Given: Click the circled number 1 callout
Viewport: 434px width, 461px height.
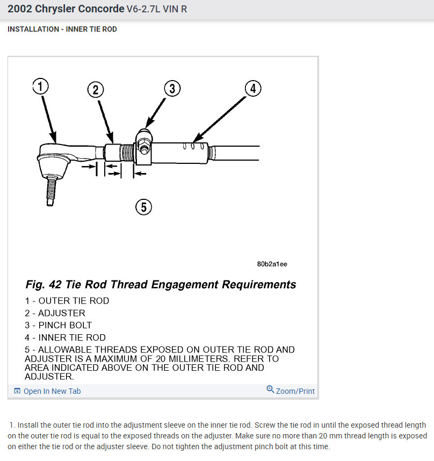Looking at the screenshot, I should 40,87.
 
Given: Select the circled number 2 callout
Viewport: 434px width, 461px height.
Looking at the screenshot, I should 95,90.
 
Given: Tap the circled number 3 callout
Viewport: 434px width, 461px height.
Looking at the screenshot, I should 171,89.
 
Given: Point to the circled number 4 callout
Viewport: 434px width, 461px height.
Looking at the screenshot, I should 253,88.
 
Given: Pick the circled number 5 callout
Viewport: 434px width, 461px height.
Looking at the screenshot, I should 143,206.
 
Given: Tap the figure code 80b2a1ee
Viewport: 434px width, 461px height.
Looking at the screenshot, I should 272,264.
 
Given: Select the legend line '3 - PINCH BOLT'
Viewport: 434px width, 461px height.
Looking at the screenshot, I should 58,325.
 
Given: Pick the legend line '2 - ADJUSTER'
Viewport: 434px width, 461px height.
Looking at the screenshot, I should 55,313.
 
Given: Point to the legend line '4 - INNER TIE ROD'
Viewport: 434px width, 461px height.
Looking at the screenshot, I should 65,337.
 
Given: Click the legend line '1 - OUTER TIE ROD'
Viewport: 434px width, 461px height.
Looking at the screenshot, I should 67,301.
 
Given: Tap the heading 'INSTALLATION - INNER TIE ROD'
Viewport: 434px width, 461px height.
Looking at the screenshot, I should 62,29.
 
